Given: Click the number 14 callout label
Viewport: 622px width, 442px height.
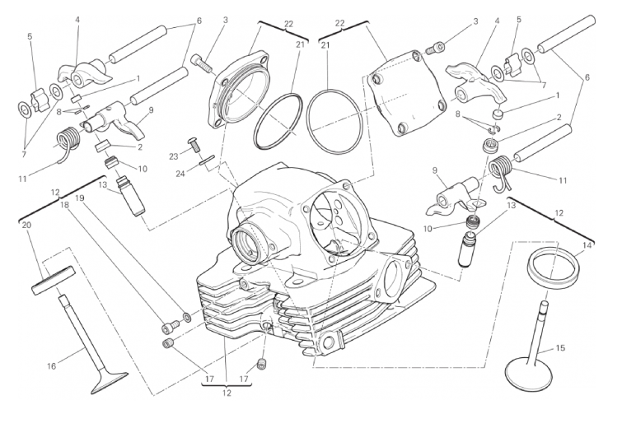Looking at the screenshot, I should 587,245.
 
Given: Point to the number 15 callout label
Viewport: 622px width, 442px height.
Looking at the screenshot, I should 560,348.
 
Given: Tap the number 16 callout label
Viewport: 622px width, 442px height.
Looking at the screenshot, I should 52,366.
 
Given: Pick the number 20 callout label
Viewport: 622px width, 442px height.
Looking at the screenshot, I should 26,226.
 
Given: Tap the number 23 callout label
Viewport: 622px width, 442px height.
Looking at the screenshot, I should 174,155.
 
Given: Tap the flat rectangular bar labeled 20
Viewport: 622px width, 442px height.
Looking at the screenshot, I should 54,277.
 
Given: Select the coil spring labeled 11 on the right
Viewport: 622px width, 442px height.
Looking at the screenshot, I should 499,173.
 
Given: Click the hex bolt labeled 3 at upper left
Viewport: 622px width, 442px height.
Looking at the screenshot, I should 203,61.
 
